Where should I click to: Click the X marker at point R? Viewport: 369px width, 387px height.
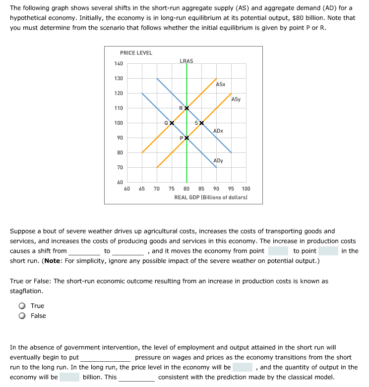(186, 108)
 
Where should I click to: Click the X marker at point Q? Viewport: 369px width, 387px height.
(172, 123)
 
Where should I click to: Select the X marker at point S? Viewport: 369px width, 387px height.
(201, 123)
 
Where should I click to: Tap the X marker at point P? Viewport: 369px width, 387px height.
(186, 138)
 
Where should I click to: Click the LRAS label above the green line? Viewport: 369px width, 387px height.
(186, 61)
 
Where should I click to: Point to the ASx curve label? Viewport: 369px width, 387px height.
(221, 85)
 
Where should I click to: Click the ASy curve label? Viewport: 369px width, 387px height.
(236, 99)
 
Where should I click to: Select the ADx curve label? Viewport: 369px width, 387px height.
(218, 131)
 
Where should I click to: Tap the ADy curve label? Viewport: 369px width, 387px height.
(218, 160)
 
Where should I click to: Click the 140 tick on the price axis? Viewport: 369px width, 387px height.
(119, 63)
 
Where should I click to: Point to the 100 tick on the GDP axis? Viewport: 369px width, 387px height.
(246, 189)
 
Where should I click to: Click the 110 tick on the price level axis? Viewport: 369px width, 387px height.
(119, 108)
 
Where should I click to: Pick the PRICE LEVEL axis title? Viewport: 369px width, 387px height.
(136, 52)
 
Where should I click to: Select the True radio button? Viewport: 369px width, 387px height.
(22, 306)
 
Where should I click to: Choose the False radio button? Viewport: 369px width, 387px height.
(22, 316)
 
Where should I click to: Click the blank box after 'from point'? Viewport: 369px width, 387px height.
(278, 251)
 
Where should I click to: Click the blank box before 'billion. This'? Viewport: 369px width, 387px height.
(69, 377)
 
